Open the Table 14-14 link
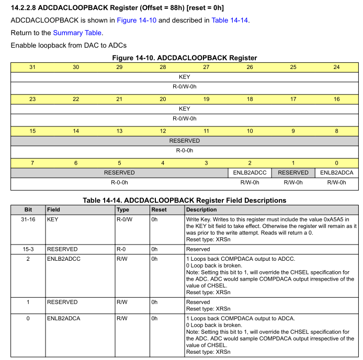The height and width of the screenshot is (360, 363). (230, 20)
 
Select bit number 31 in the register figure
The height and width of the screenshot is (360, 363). (32, 67)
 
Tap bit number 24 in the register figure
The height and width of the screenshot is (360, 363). (336, 67)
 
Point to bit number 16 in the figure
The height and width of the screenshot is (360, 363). (336, 99)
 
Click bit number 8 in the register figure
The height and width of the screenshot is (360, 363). (336, 131)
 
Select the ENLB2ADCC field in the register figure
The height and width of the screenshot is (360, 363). (249, 172)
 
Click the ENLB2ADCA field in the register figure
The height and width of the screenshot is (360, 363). (336, 172)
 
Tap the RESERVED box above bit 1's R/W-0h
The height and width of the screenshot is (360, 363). (293, 172)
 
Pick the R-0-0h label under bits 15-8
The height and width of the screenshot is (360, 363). (184, 150)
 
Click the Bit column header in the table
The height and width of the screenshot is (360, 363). (28, 210)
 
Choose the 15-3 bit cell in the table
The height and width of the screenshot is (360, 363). (28, 249)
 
